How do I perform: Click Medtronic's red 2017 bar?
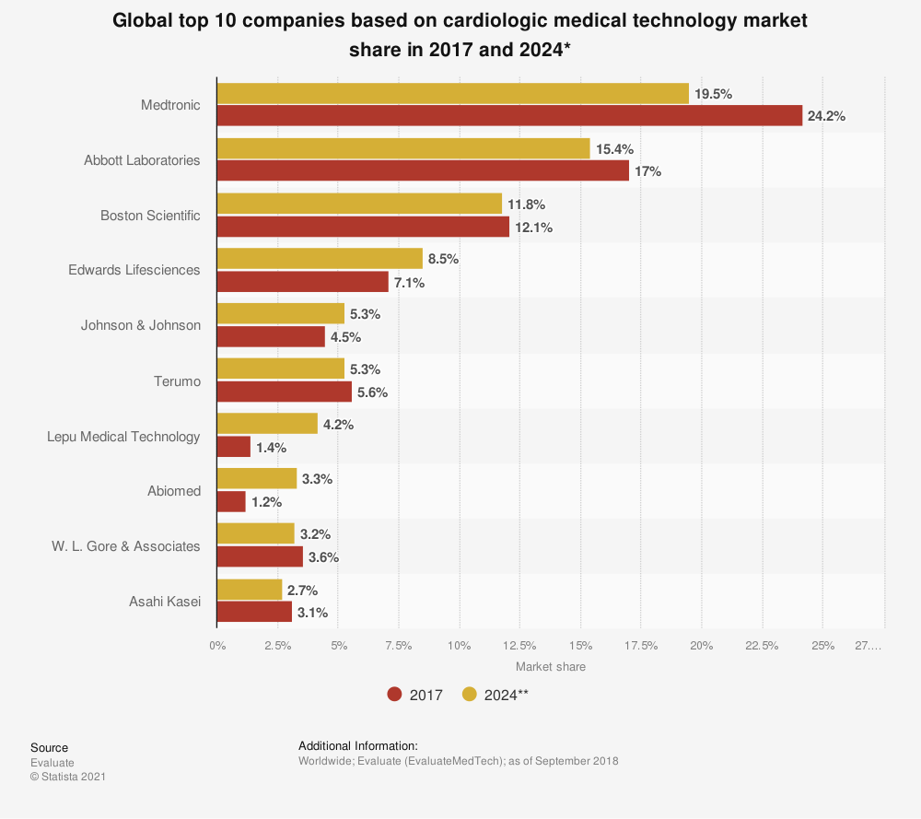coord(509,116)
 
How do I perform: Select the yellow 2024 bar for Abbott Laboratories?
coord(403,149)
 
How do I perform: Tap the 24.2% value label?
coord(826,116)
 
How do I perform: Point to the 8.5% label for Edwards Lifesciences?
coord(443,259)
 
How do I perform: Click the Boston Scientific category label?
coord(150,216)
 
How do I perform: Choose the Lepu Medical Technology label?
coord(123,436)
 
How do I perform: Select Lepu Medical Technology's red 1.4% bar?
coord(234,447)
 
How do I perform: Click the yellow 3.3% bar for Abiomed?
coord(257,479)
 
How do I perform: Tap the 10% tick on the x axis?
coord(459,646)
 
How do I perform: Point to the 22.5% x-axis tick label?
coord(762,646)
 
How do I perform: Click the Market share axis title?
coord(550,666)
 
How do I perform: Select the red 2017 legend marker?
coord(395,695)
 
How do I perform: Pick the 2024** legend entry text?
coord(507,695)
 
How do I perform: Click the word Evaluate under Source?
coord(52,763)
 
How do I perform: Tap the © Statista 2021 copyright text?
coord(68,777)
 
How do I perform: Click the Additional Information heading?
coord(358,745)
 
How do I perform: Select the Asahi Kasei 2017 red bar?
coord(254,612)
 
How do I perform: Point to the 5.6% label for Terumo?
coord(372,392)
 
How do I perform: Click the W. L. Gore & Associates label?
coord(125,546)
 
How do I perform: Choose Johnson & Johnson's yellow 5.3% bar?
coord(280,314)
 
